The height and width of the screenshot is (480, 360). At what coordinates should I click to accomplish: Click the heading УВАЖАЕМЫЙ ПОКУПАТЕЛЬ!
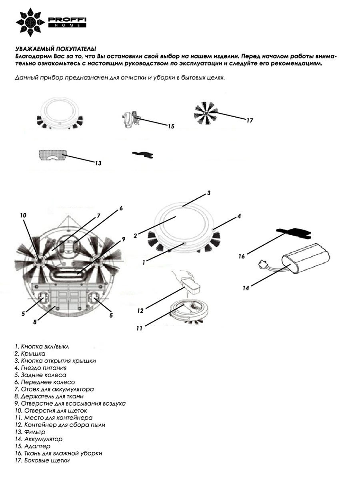[56, 48]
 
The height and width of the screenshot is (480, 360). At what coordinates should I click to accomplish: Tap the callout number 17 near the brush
[250, 120]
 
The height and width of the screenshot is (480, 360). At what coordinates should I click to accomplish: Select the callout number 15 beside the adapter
[171, 126]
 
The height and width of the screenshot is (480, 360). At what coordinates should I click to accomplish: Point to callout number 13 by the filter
[98, 163]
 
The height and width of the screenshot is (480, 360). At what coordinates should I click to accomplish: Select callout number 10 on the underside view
[23, 215]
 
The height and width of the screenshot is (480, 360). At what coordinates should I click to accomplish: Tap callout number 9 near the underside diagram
[124, 239]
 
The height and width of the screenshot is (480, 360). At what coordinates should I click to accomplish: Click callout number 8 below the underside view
[35, 321]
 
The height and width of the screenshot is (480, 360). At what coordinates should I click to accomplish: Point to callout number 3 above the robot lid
[208, 193]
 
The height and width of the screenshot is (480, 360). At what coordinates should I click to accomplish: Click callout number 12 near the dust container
[140, 310]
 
